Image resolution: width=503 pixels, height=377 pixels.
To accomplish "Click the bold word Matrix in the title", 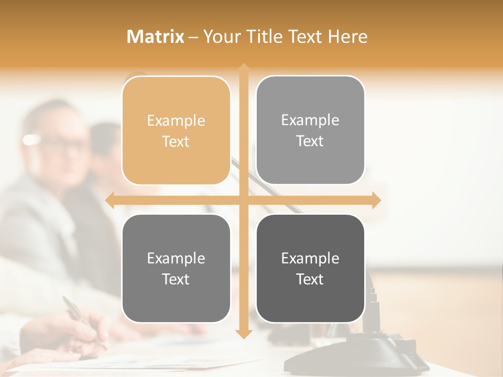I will (x=156, y=37).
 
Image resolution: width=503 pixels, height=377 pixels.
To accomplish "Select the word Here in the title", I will (x=347, y=37).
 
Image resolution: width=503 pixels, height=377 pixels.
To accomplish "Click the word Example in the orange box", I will (x=176, y=121).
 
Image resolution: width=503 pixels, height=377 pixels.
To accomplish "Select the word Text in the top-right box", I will (x=310, y=141).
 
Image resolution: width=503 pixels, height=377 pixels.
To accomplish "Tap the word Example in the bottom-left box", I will (x=176, y=259).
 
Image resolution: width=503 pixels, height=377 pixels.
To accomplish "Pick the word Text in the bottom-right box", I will (x=310, y=280).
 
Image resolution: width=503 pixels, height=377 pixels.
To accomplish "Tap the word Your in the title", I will (x=221, y=37).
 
